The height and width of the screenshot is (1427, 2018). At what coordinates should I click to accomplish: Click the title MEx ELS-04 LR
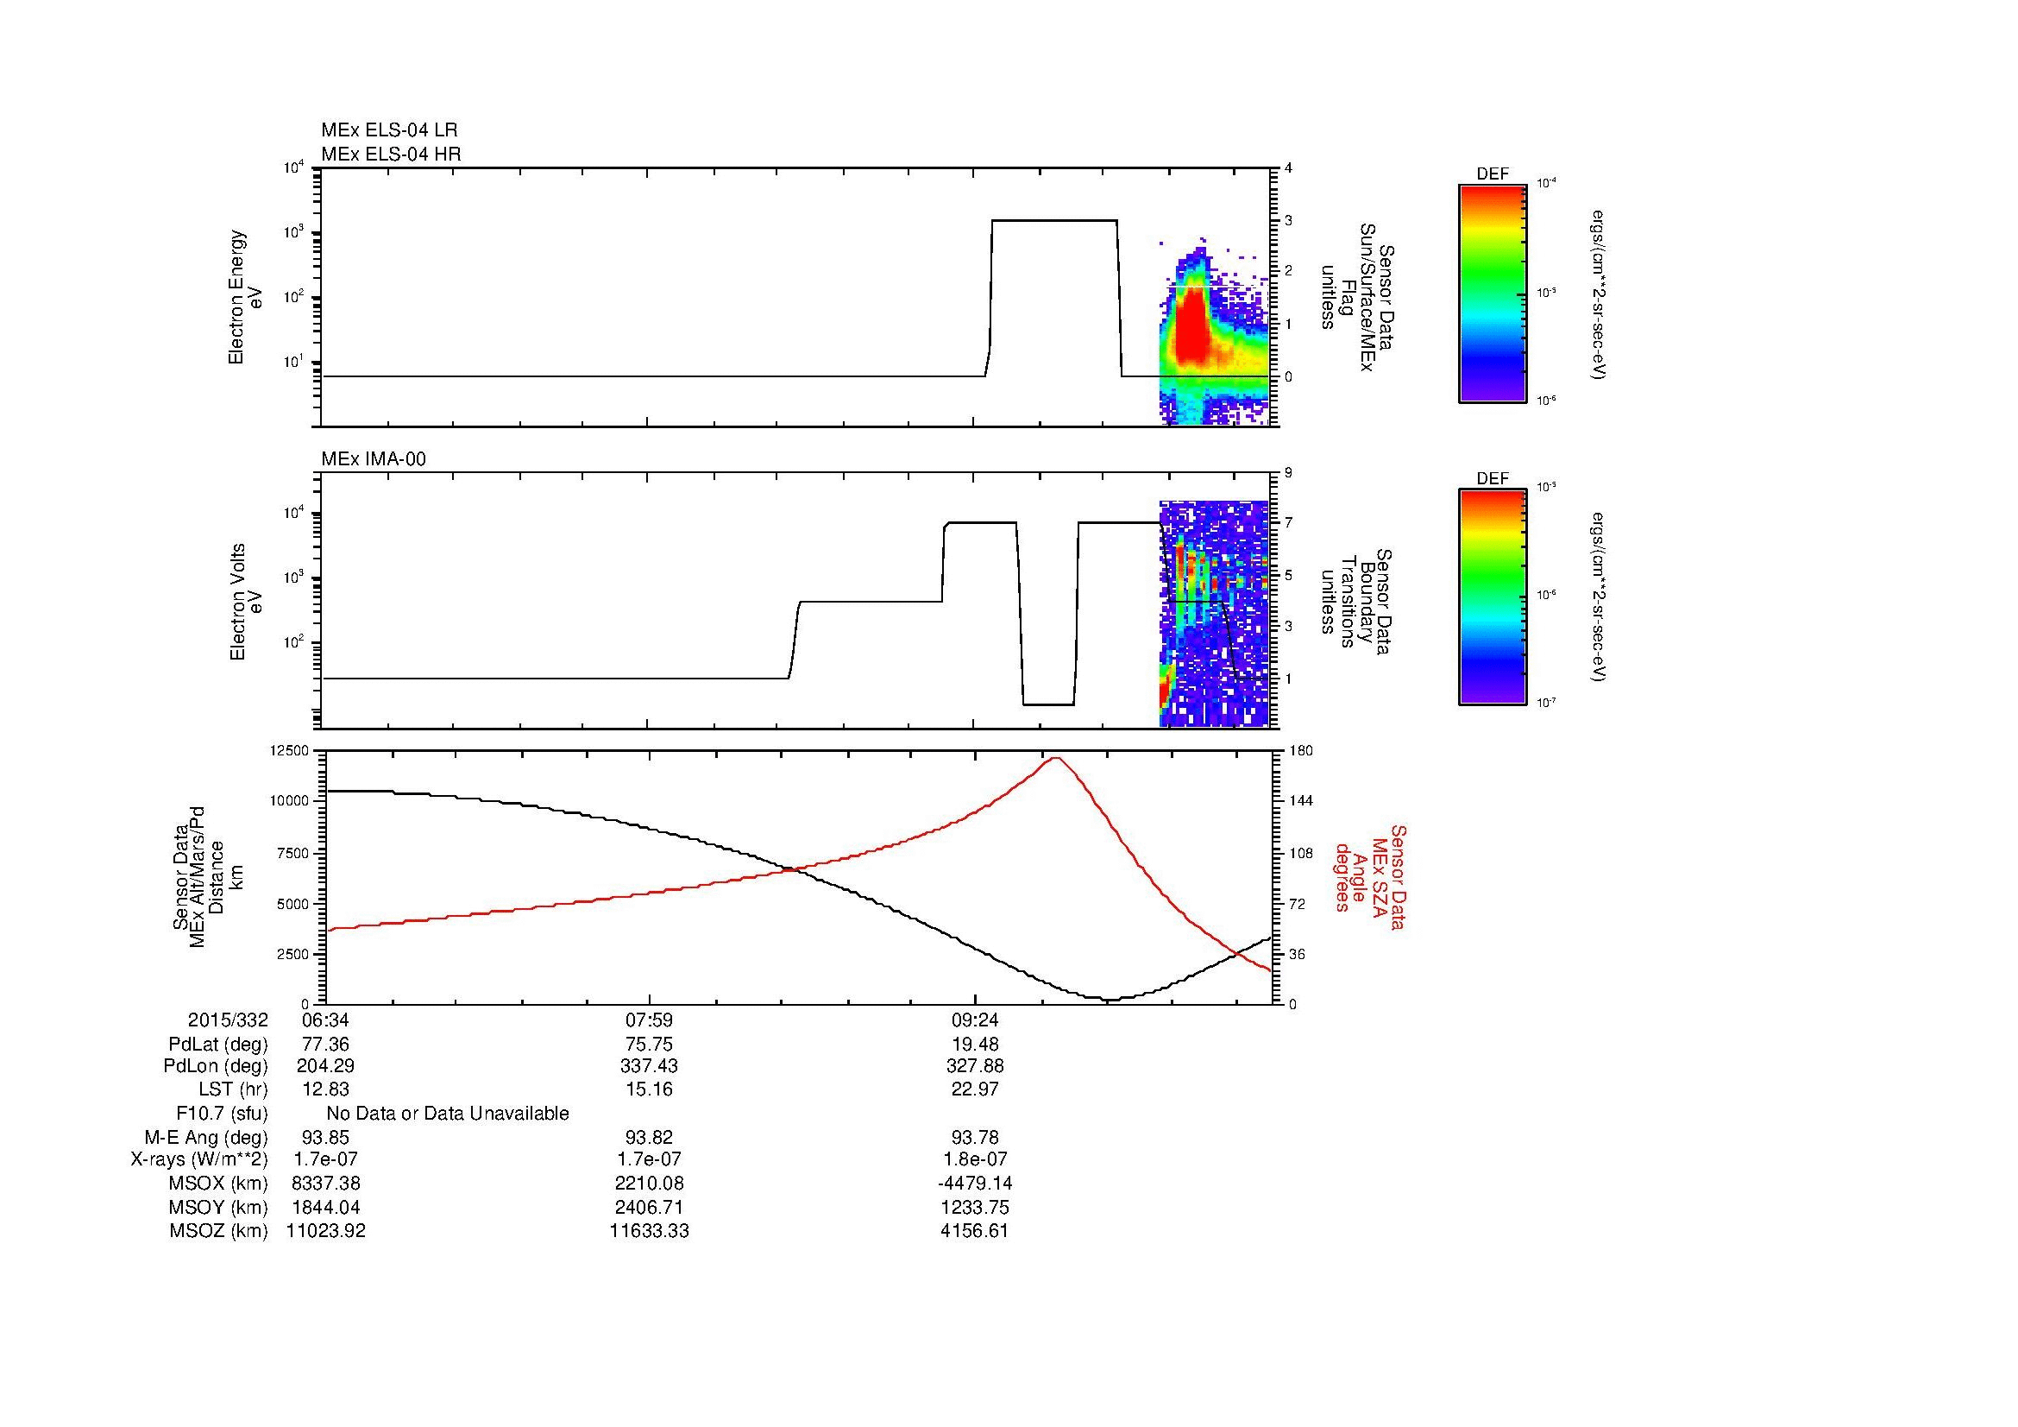[x=389, y=130]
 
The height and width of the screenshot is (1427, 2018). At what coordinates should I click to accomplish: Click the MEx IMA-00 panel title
[x=374, y=459]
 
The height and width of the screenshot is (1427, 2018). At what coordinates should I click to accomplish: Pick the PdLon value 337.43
[x=649, y=1066]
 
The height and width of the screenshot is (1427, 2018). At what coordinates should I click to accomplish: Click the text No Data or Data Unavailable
[x=448, y=1114]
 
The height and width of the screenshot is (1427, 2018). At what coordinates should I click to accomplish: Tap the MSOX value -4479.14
[x=975, y=1184]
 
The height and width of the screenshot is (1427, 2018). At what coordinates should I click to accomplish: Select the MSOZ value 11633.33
[x=649, y=1231]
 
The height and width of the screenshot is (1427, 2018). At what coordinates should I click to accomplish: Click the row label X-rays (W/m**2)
[x=198, y=1159]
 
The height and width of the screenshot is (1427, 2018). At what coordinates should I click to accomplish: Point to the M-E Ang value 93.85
[x=325, y=1137]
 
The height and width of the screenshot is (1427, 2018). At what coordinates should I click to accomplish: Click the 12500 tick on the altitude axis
[x=290, y=751]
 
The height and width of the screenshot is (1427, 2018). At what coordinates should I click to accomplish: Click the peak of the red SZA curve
[x=1055, y=758]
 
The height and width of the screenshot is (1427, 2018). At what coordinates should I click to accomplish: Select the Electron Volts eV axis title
[x=246, y=603]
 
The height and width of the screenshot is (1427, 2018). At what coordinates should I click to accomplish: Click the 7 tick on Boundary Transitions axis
[x=1288, y=523]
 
